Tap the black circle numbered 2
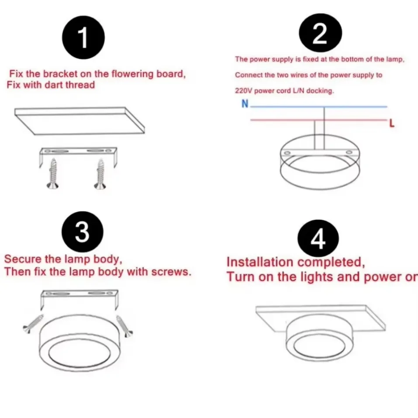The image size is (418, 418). point(320,34)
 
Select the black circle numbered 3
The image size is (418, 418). point(83,232)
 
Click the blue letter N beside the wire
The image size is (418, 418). point(245,104)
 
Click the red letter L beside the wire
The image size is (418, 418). point(391,124)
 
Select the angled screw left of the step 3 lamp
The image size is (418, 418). point(34,324)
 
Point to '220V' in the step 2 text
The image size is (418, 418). point(243,91)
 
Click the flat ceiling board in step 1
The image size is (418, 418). point(79,120)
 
